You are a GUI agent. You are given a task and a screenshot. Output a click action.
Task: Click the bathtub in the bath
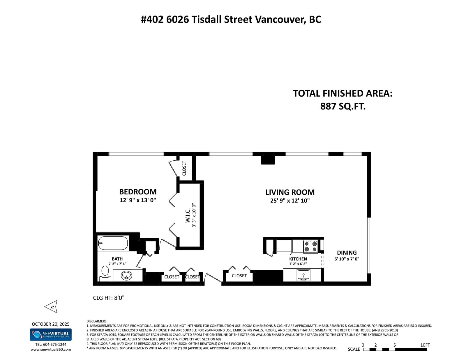(x=113, y=243)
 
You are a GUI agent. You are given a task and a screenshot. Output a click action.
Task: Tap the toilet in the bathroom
(x=105, y=274)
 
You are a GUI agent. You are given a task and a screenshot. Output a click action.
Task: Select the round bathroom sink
(x=126, y=276)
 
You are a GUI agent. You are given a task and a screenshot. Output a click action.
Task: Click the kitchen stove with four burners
(x=311, y=246)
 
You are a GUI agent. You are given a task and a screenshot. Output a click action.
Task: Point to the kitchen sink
(x=303, y=275)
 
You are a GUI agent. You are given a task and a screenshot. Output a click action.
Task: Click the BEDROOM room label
(x=138, y=191)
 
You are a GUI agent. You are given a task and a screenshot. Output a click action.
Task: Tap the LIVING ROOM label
(x=290, y=192)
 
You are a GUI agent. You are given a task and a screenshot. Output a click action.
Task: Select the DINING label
(x=347, y=253)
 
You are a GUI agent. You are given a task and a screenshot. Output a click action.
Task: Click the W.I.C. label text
(x=188, y=215)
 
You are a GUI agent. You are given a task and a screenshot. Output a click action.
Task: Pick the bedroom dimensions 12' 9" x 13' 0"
(x=138, y=200)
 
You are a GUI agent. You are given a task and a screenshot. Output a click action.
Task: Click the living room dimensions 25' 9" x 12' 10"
(x=290, y=201)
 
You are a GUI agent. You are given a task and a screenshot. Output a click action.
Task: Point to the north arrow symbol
(x=51, y=307)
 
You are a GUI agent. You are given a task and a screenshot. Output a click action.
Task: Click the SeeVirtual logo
(x=51, y=334)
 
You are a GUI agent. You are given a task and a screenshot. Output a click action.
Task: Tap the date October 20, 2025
(x=51, y=324)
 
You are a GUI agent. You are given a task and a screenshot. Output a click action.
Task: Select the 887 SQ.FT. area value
(x=343, y=106)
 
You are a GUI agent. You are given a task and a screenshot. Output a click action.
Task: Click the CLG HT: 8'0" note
(x=109, y=298)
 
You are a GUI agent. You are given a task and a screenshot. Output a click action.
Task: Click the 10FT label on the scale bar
(x=425, y=345)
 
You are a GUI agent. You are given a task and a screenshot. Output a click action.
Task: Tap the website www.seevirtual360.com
(x=51, y=350)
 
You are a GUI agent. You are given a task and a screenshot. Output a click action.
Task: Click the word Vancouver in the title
(x=280, y=19)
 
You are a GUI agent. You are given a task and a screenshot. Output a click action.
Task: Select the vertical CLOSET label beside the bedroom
(x=184, y=168)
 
